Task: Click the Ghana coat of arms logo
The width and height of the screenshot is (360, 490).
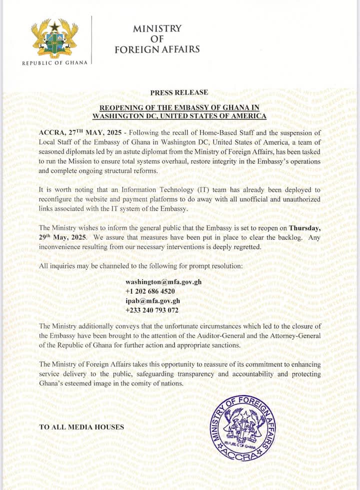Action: [55, 38]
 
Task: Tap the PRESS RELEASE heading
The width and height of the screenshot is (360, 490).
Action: [179, 92]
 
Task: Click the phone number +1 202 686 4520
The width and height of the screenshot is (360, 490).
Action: [150, 291]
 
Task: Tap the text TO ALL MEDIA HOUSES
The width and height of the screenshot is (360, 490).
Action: [81, 427]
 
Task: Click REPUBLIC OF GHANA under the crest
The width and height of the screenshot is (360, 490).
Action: [55, 63]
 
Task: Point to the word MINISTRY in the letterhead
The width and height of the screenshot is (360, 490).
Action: [157, 29]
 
